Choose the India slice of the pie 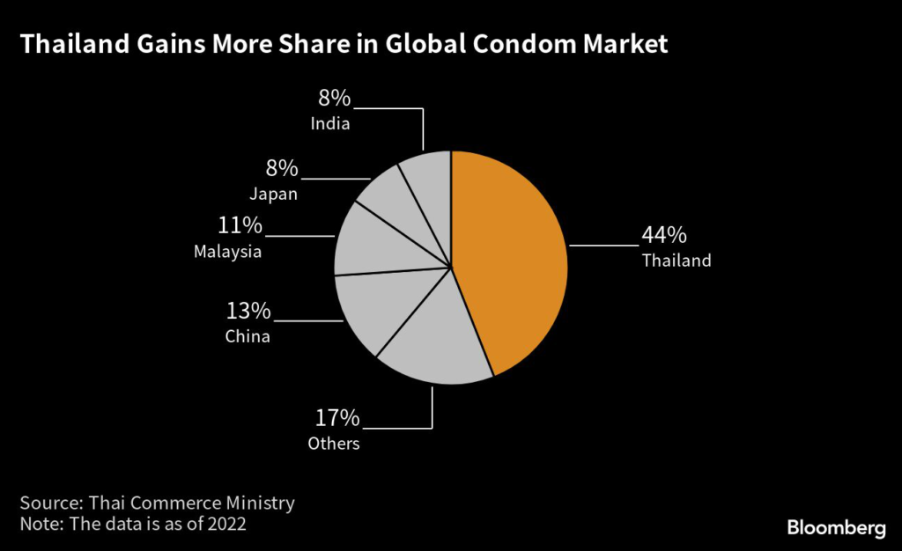point(432,185)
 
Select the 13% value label point(248,312)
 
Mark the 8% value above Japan point(282,168)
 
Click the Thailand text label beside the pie point(676,261)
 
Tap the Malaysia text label point(227,252)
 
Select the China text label point(248,336)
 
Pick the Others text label point(334,444)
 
